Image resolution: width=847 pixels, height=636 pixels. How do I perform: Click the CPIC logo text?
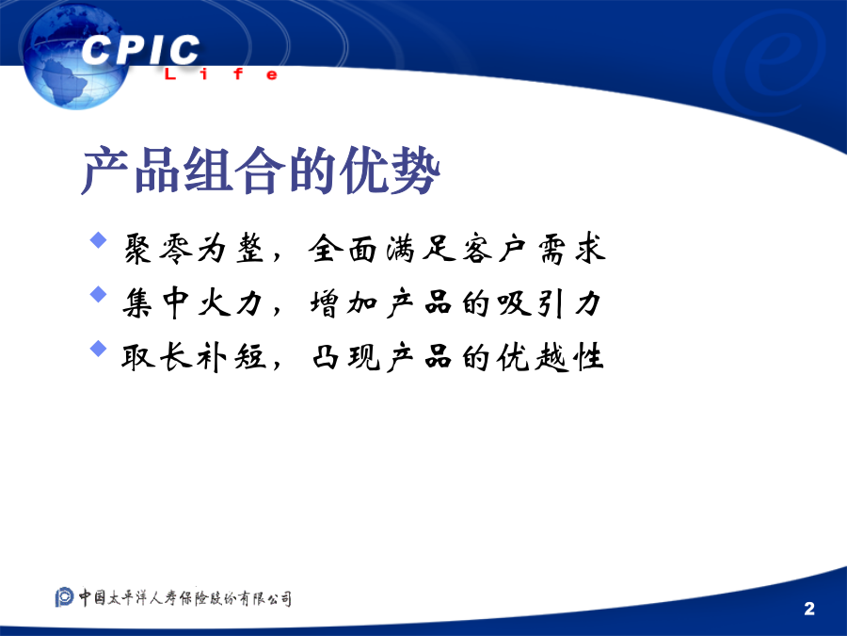(x=140, y=50)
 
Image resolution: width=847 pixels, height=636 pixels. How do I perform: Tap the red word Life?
(x=221, y=74)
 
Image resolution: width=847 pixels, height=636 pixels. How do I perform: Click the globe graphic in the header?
(x=74, y=57)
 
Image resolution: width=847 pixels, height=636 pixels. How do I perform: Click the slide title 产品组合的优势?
(x=261, y=171)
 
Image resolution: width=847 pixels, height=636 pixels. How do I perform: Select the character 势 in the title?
(x=415, y=171)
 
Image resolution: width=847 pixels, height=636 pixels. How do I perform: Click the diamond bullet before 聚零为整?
(x=98, y=240)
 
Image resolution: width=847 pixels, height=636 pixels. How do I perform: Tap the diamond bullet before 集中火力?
(x=98, y=294)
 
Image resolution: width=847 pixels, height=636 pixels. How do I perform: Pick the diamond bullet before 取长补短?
(x=98, y=349)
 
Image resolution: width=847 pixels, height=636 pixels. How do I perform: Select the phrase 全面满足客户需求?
(x=457, y=249)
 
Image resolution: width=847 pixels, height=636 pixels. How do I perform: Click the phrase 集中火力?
(x=192, y=302)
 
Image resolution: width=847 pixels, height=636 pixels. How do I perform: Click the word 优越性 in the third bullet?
(x=550, y=357)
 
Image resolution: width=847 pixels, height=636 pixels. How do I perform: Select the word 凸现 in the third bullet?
(x=346, y=357)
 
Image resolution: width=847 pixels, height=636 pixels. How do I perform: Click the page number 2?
(x=809, y=609)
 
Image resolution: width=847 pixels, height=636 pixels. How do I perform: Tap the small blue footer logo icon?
(x=64, y=597)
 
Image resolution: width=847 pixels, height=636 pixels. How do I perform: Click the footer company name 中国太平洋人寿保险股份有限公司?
(x=185, y=597)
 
